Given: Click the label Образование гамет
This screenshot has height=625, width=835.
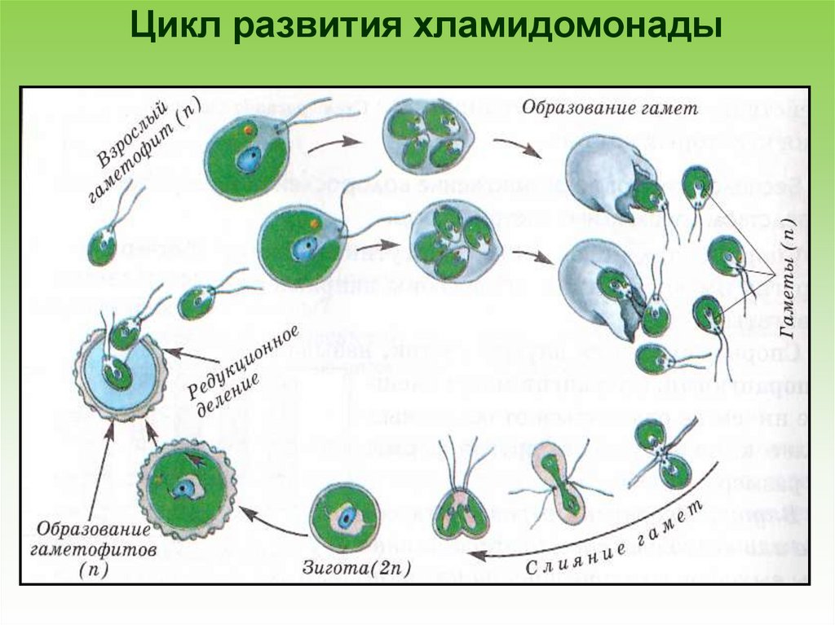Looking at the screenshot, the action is [x=610, y=106].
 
